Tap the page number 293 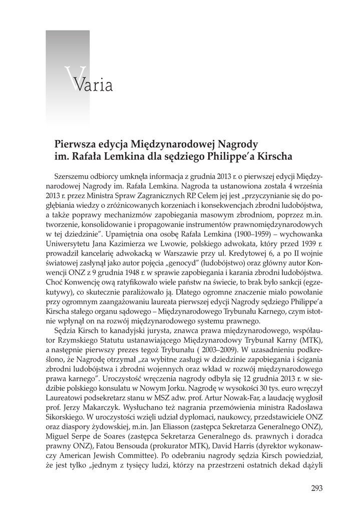(316, 488)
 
